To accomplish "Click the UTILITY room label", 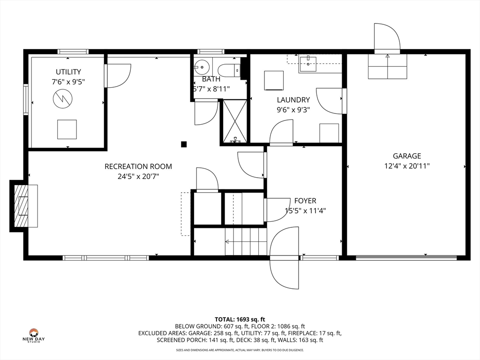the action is pos(68,72).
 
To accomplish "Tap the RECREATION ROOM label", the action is pos(138,166).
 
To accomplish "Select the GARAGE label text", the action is pos(407,156).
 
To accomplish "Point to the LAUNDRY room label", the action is pos(293,100).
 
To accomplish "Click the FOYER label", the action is pos(305,201).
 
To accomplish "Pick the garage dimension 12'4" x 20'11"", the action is pos(407,166).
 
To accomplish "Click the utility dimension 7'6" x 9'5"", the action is pos(68,82).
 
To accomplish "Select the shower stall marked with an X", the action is pos(235,121).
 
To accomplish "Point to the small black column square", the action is pos(184,144).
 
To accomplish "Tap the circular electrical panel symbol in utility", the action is pos(62,98).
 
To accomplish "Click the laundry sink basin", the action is pos(308,64).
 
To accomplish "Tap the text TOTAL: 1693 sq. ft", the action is pos(240,320).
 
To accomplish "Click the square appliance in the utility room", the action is pos(67,129).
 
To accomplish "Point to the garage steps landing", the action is pos(388,67).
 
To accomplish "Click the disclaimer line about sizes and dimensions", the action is pos(240,350).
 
